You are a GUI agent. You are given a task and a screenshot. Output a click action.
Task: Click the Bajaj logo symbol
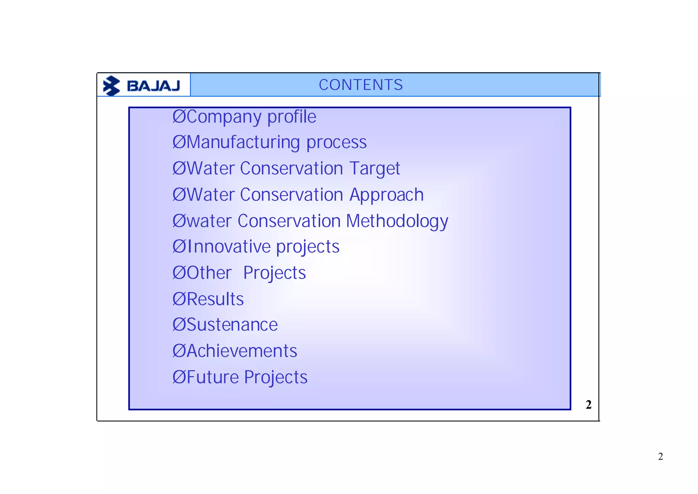[111, 86]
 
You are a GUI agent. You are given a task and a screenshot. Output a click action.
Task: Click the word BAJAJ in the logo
[153, 86]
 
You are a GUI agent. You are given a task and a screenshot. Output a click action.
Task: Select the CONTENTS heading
[361, 85]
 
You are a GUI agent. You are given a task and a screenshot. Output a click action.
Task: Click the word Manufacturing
[243, 143]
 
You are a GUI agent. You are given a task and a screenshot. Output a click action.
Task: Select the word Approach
[386, 195]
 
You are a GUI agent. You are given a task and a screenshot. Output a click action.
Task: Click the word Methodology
[397, 221]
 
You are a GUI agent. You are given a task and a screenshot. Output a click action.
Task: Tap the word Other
[209, 273]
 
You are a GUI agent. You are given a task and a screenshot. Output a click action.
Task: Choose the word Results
[215, 299]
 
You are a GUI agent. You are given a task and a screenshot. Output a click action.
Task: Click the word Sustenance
[232, 325]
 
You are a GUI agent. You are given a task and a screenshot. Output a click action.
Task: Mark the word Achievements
[242, 351]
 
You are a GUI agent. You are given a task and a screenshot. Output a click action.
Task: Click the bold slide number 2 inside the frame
[589, 405]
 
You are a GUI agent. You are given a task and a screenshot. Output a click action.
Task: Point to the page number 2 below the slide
[661, 456]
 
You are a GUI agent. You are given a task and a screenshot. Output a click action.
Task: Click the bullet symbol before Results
[179, 299]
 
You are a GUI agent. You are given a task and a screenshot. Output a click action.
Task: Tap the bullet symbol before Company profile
[179, 117]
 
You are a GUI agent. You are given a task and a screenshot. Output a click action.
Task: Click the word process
[336, 143]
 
